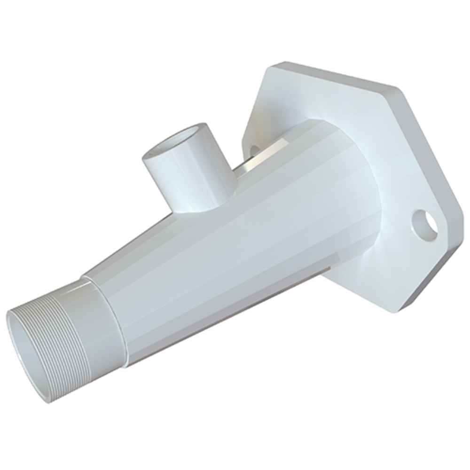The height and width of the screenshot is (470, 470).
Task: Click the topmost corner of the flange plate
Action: pyautogui.click(x=277, y=65)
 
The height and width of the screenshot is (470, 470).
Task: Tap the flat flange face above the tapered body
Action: pyautogui.click(x=301, y=99)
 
